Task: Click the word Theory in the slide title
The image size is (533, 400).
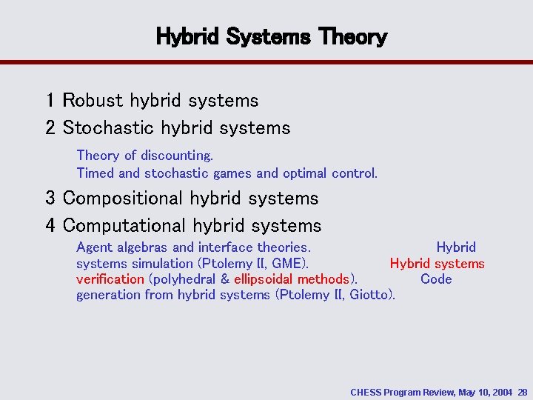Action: coord(354,36)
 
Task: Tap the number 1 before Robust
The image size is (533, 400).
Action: coord(50,100)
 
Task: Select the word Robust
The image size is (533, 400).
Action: coord(93,100)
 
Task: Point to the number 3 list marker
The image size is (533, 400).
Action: coord(50,199)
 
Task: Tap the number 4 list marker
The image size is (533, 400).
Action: coord(50,225)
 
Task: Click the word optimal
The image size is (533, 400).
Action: coord(306,173)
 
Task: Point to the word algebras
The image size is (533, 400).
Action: coord(143,247)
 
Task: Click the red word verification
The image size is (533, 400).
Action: coord(110,279)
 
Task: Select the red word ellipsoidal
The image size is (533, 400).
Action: coord(264,279)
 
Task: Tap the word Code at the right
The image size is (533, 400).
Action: coord(436,279)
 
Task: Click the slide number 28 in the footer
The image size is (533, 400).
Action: coord(523,391)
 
